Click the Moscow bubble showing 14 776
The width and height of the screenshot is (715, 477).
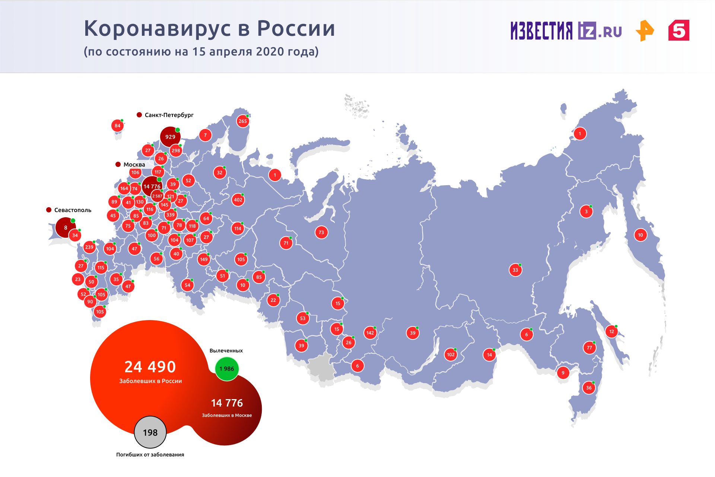click(x=152, y=186)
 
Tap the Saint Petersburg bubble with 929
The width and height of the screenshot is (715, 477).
click(x=170, y=137)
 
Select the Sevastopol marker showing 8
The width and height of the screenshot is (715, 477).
click(x=65, y=227)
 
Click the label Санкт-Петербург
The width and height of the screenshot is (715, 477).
click(x=169, y=115)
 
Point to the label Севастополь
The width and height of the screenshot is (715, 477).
click(x=73, y=210)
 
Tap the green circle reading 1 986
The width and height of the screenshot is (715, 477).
click(x=227, y=369)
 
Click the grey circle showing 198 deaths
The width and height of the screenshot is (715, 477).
click(x=150, y=432)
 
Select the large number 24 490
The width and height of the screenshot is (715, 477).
click(x=150, y=367)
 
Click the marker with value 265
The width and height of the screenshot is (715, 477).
click(x=242, y=121)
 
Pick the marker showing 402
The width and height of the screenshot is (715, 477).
click(x=238, y=200)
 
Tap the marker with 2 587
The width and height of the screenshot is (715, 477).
click(x=157, y=196)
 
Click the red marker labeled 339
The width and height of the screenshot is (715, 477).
click(x=170, y=215)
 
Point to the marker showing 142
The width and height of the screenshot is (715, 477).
click(x=370, y=333)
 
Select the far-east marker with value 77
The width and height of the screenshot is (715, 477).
click(x=589, y=348)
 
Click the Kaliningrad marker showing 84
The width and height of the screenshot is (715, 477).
click(x=117, y=126)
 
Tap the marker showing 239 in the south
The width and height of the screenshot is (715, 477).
click(x=89, y=247)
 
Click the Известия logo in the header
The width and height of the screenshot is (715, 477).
click(x=541, y=31)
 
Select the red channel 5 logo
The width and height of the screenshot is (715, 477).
click(x=679, y=31)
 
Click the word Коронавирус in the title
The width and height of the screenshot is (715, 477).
click(x=161, y=28)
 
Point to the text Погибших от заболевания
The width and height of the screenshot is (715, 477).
click(x=150, y=454)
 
